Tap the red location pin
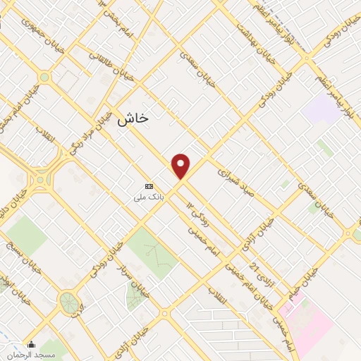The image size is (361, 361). pos(181,166)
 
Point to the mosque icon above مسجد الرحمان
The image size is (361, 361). pos(31,345)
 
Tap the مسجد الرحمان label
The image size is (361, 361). pos(31,355)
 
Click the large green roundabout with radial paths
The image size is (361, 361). pos(69,302)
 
